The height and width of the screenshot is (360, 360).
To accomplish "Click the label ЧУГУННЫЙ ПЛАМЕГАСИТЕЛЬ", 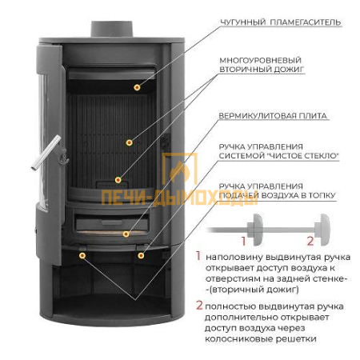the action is (x=281, y=22).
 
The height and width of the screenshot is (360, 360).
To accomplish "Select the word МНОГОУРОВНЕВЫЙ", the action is (x=260, y=60).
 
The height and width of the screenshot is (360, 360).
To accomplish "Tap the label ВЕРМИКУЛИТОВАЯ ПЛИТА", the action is (x=273, y=116).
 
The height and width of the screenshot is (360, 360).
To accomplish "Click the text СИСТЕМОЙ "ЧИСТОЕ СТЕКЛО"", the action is (x=279, y=156).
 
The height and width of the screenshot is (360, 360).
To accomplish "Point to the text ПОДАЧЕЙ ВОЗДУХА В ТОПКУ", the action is (x=277, y=195).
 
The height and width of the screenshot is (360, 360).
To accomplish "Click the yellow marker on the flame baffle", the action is (x=137, y=87).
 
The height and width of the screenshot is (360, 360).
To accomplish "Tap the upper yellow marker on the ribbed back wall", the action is (x=130, y=142).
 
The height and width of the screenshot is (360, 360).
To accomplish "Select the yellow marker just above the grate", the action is (x=118, y=180).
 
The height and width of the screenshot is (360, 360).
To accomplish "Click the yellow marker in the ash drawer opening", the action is (x=126, y=234).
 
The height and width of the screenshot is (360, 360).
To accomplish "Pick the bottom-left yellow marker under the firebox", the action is (x=82, y=256).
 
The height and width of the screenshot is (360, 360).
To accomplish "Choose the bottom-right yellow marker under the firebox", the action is (x=141, y=256).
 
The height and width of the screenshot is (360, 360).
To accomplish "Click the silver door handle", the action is (x=46, y=153).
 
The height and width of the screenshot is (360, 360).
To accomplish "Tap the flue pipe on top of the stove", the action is (x=112, y=29).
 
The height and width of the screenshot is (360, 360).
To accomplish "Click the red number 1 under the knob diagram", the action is (x=243, y=241).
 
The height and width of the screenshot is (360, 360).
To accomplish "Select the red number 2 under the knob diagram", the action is (x=310, y=241).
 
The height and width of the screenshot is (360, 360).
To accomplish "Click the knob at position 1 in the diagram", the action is (x=255, y=230).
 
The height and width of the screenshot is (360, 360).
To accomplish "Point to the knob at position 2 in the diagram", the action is (x=322, y=230).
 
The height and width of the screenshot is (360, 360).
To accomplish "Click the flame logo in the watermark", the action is (x=179, y=170).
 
